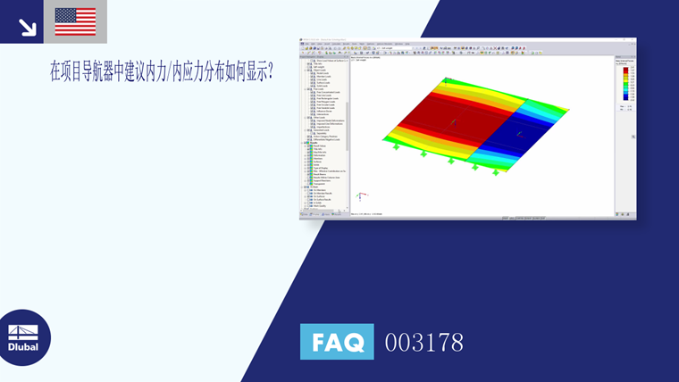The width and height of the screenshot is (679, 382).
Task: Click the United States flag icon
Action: (75, 21)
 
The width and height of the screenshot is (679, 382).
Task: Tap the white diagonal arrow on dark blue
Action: (27, 27)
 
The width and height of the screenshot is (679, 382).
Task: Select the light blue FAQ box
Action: (337, 342)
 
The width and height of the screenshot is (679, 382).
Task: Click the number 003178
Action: (423, 342)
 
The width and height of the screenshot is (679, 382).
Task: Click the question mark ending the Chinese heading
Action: (269, 73)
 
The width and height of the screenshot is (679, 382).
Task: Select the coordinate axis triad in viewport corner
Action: (359, 195)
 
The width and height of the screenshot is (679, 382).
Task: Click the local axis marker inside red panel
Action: (453, 120)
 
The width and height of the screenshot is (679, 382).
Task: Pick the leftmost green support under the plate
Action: (397, 146)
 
